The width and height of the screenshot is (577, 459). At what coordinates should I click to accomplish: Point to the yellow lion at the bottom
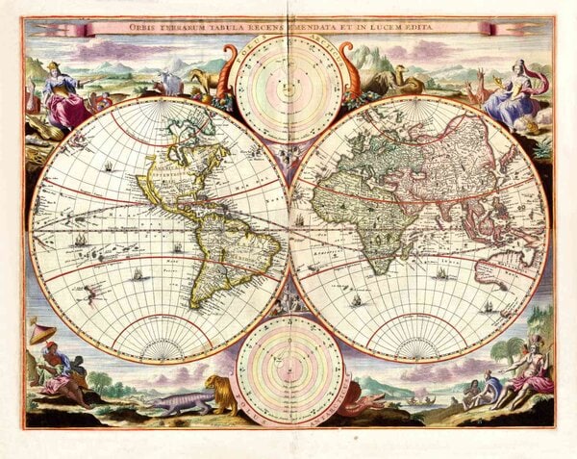click(220, 394)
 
